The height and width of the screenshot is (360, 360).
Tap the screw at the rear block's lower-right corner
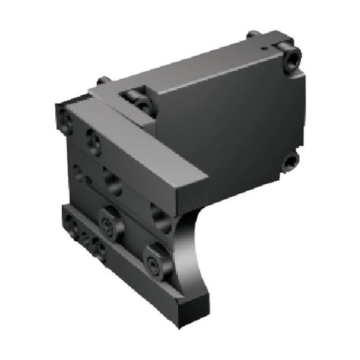point(291,160)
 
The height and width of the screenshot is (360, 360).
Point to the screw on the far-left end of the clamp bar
point(64,117)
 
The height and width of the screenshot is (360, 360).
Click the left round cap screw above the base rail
point(110,224)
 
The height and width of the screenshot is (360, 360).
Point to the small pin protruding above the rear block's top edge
point(254,34)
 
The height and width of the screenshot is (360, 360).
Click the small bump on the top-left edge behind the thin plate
point(104,79)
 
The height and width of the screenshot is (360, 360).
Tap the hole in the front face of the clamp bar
point(93,140)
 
